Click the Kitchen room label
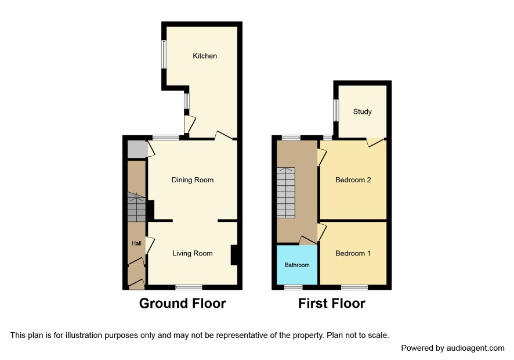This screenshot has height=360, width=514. [205, 56]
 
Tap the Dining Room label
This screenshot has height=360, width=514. [193, 180]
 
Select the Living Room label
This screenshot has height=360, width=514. [193, 253]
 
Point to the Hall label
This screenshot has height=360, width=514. [136, 243]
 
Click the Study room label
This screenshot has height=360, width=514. [362, 111]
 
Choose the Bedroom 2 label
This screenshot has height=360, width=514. [353, 180]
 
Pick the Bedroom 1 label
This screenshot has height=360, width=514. [353, 253]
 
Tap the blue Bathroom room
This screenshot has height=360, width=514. [297, 265]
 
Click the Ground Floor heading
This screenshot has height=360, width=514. [183, 303]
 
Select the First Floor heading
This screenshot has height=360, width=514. [332, 303]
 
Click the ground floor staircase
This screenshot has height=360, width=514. [136, 207]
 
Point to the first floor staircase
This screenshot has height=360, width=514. [286, 193]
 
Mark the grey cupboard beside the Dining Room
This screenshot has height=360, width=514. [137, 149]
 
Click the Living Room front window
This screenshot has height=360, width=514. [189, 287]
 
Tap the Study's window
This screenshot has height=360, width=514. [336, 110]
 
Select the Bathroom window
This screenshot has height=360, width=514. [294, 287]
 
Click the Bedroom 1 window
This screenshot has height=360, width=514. [354, 287]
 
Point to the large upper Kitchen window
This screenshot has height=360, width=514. [164, 55]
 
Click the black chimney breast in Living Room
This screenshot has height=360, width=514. [234, 255]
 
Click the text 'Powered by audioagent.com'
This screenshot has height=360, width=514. [453, 348]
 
